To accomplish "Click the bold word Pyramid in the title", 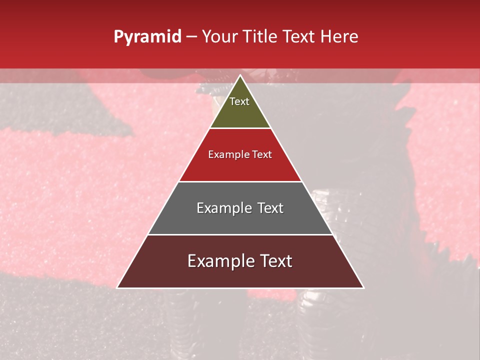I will [x=147, y=37].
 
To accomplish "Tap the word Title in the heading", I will [x=261, y=37].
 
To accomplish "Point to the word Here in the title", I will [x=340, y=37].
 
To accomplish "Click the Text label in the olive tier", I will [x=239, y=101].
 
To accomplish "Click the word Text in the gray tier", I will [x=270, y=208].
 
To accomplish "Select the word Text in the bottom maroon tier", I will [x=275, y=261].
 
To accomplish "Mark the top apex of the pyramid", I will [x=240, y=75].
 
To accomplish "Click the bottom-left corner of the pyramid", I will [x=117, y=287].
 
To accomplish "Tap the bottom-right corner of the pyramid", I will [x=363, y=287].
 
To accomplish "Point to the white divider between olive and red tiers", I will [x=240, y=128].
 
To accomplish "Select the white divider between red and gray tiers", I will [x=240, y=181].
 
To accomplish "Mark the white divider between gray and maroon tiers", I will [x=240, y=234].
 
